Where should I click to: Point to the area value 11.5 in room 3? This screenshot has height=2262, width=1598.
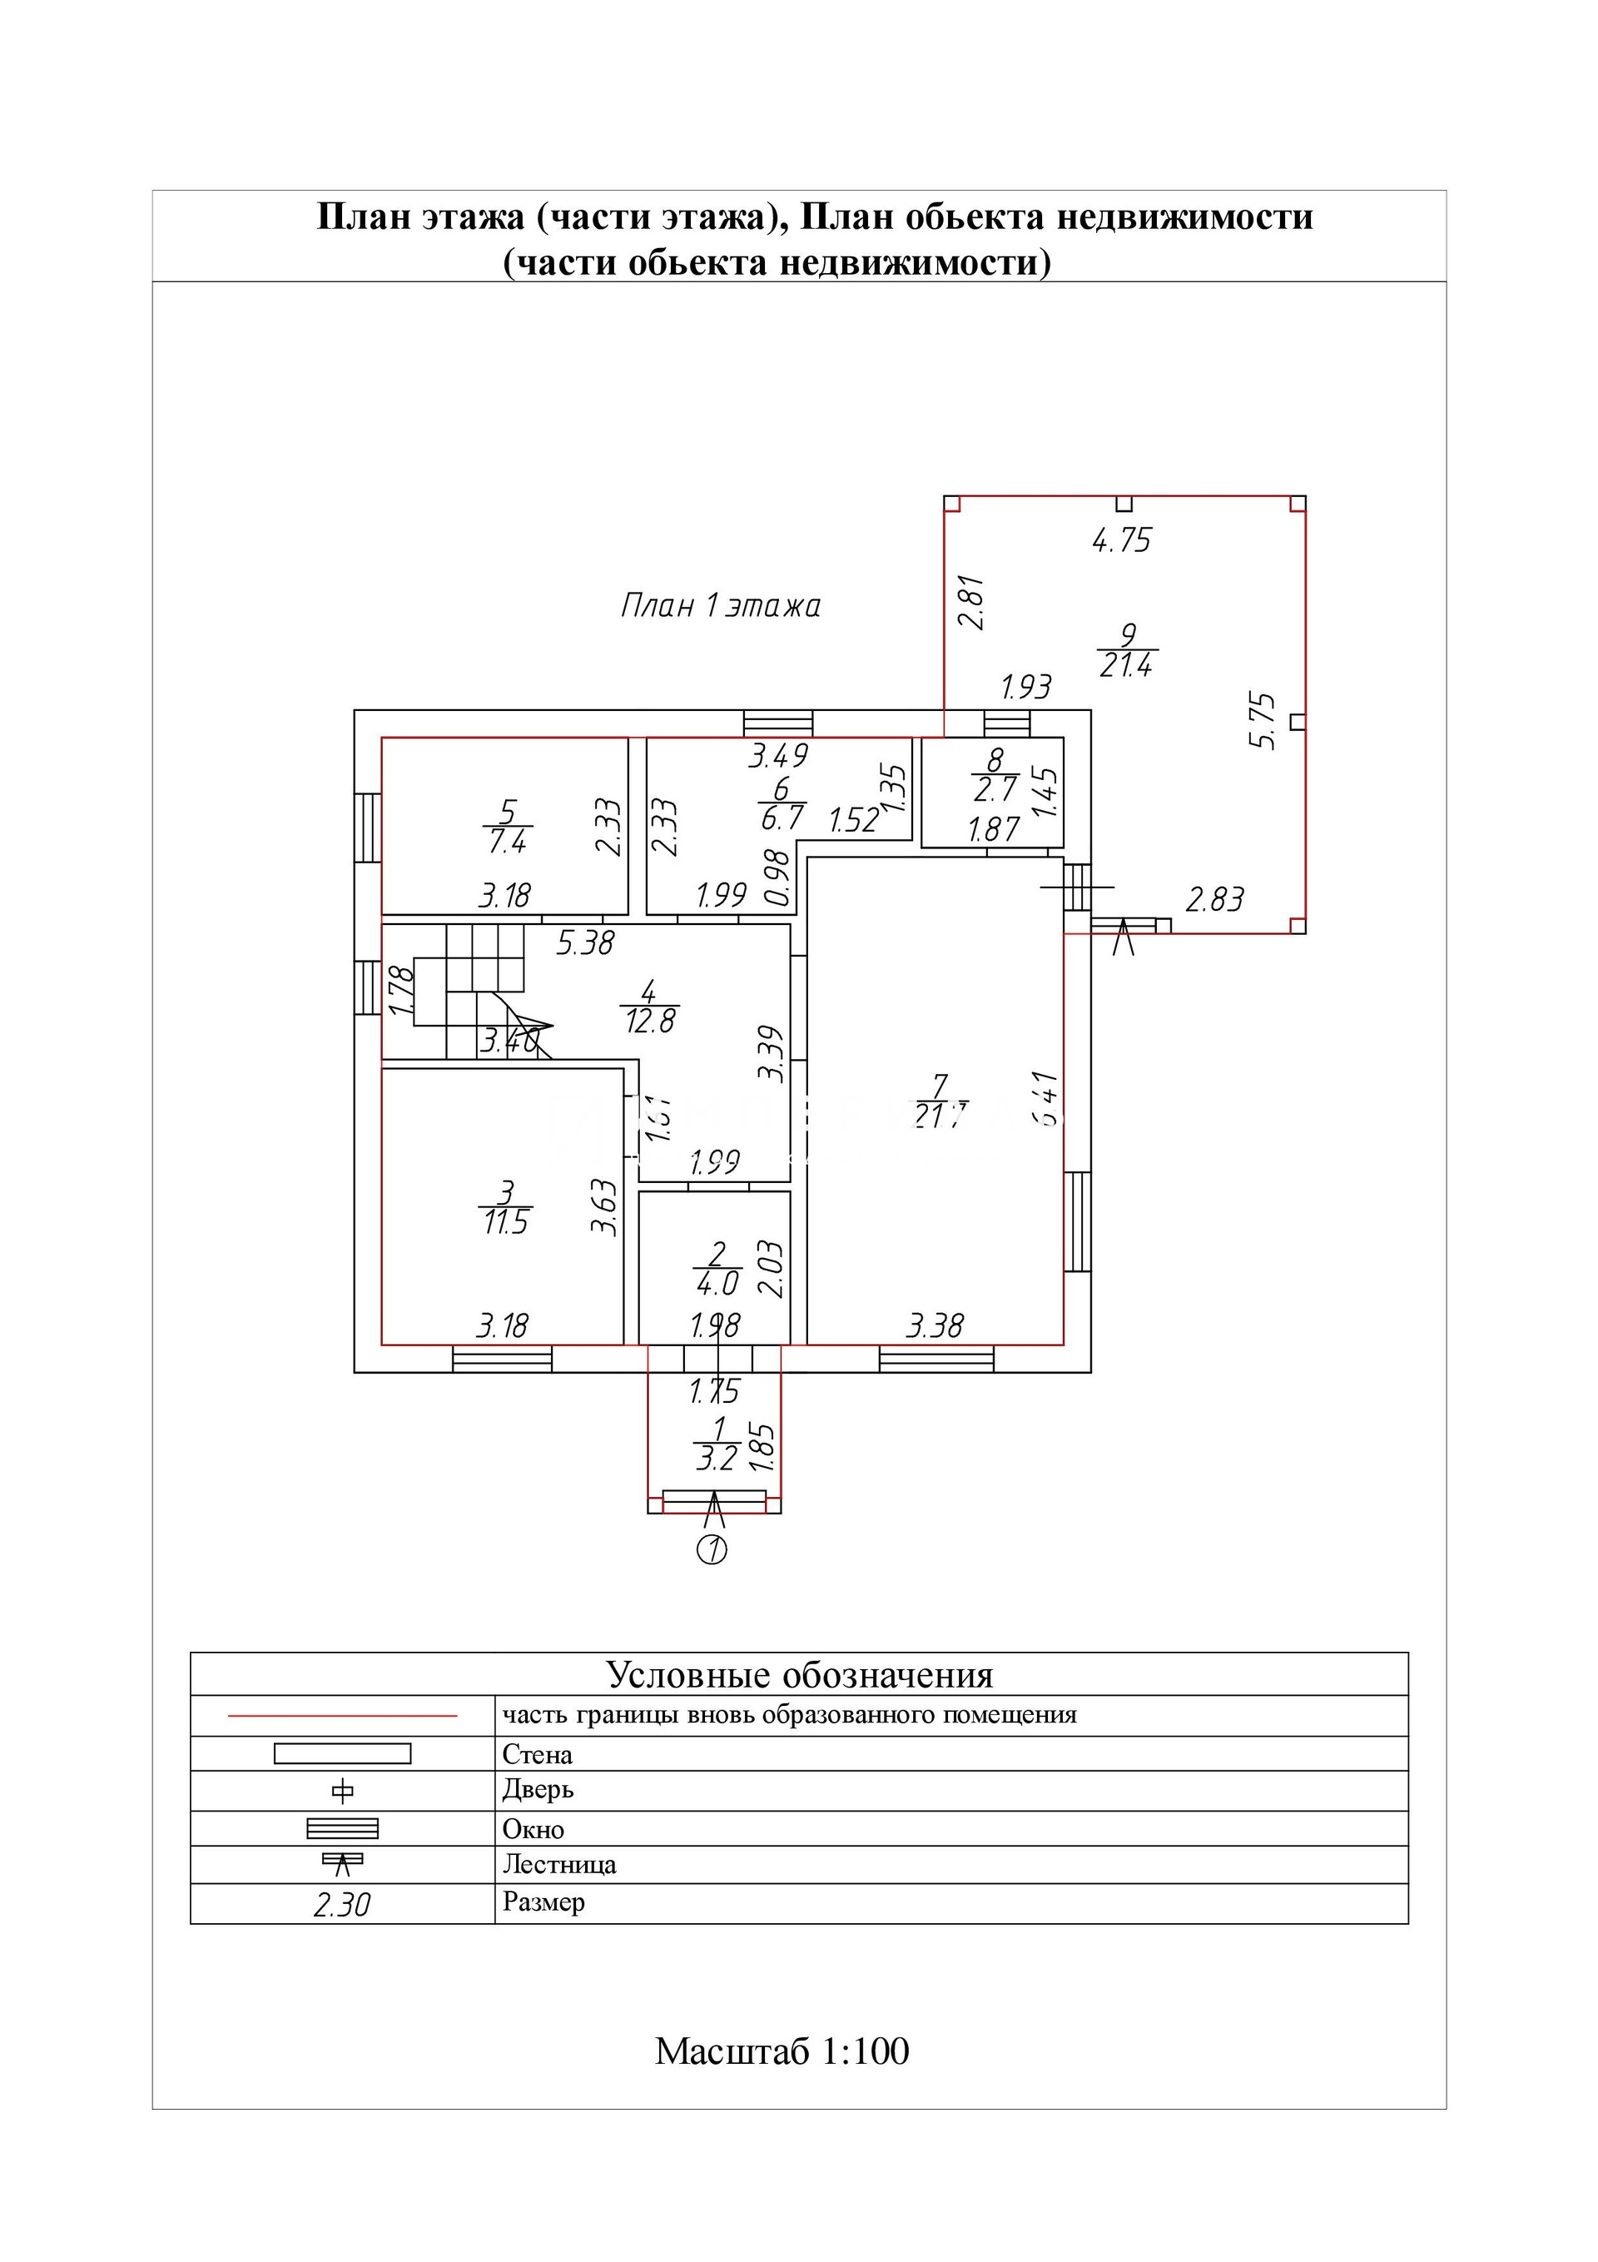(505, 1223)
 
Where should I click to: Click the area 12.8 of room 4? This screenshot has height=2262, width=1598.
(649, 1022)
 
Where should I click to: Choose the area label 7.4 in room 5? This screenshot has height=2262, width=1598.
(508, 840)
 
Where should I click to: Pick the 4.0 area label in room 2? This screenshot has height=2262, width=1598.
(717, 1284)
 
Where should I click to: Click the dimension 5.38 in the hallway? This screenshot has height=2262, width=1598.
(584, 944)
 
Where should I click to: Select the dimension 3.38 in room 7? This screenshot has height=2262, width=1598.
(935, 1325)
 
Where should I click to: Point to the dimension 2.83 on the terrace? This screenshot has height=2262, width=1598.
(1215, 898)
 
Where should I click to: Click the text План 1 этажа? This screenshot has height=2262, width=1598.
(720, 605)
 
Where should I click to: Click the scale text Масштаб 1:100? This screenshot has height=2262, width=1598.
(782, 2052)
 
